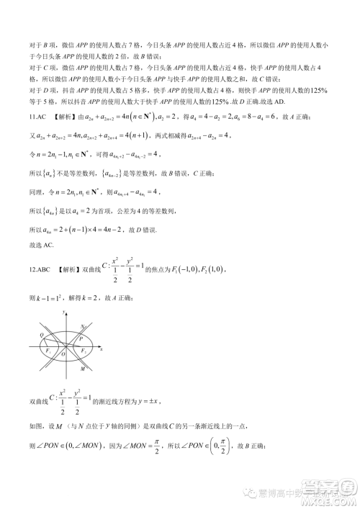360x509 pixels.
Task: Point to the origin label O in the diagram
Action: click(x=63, y=353)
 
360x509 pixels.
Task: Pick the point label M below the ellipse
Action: click(x=84, y=368)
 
